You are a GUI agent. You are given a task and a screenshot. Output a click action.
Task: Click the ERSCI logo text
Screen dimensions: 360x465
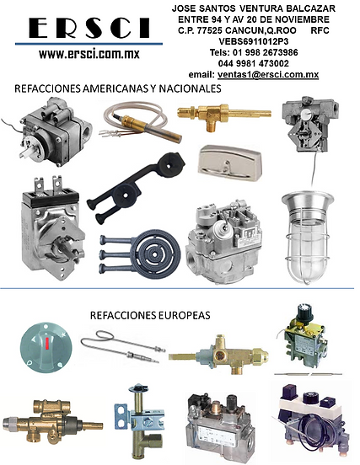(89, 28)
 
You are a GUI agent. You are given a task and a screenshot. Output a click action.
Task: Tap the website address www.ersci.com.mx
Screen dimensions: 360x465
(89, 54)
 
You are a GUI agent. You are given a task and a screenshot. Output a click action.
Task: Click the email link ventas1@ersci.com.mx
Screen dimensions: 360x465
(268, 74)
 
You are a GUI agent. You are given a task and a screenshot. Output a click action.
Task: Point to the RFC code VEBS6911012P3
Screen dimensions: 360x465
(254, 41)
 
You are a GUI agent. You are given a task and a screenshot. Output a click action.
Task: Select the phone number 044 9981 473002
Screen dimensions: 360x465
(254, 63)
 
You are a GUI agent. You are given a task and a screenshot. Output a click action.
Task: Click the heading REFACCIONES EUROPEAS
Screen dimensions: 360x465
(150, 315)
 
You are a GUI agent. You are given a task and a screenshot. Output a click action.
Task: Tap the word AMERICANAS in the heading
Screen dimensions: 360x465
(116, 88)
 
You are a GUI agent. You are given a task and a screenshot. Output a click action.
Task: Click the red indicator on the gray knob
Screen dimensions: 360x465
(47, 343)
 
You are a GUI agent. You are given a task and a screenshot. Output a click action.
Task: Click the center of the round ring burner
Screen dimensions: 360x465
(155, 254)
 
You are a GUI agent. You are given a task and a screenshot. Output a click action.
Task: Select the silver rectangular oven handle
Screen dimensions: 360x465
(229, 163)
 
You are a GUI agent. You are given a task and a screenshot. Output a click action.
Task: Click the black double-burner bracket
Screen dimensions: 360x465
(135, 187)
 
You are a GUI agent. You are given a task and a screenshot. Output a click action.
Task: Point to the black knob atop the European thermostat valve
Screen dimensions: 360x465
(304, 313)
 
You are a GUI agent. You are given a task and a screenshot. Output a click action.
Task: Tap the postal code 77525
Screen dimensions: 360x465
(210, 30)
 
